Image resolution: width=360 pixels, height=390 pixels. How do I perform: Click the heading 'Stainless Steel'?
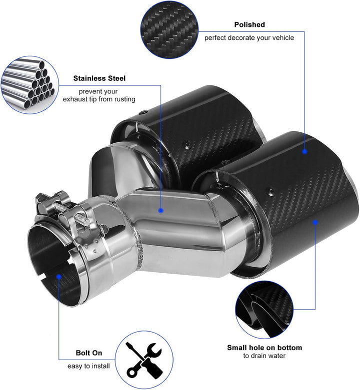[x=99, y=78]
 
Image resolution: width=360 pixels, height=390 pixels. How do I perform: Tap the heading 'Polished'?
[x=249, y=24]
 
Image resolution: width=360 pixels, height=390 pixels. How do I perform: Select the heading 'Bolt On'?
[x=89, y=353]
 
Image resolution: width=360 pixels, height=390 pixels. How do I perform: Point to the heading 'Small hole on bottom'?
[x=264, y=348]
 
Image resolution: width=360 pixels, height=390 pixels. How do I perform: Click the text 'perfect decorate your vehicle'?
[x=249, y=38]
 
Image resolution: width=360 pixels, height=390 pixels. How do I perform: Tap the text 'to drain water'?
[x=264, y=356]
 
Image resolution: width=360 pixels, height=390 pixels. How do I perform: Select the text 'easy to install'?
[x=88, y=366]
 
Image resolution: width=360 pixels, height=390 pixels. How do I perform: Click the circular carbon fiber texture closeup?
[x=169, y=29]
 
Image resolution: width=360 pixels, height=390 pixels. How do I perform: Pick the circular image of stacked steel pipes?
[x=29, y=85]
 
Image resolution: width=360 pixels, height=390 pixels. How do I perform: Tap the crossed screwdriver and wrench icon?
[x=144, y=360]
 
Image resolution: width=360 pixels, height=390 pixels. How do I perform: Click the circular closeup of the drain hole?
[x=264, y=310]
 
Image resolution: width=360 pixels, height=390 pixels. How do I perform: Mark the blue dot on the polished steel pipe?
[x=161, y=210]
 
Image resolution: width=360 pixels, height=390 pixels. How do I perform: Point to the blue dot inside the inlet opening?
[x=59, y=277]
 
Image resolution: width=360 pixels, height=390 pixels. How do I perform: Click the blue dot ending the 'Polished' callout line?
[x=304, y=151]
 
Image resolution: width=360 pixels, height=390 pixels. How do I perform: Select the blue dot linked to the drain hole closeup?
[x=315, y=222]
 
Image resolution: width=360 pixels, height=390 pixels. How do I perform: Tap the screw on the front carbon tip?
[x=270, y=191]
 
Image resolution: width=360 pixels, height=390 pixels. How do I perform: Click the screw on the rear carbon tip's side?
[x=186, y=144]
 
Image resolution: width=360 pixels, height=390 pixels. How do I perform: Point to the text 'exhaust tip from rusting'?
[x=99, y=99]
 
